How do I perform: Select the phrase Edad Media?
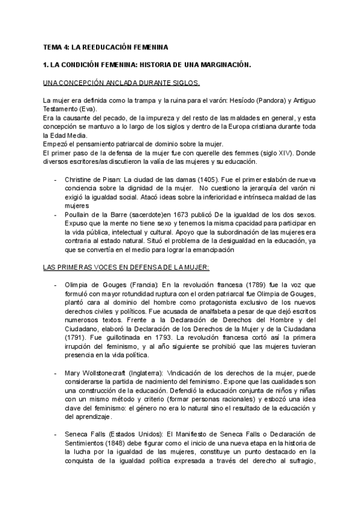tap(67, 135)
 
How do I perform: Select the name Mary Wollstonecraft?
tap(100, 373)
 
